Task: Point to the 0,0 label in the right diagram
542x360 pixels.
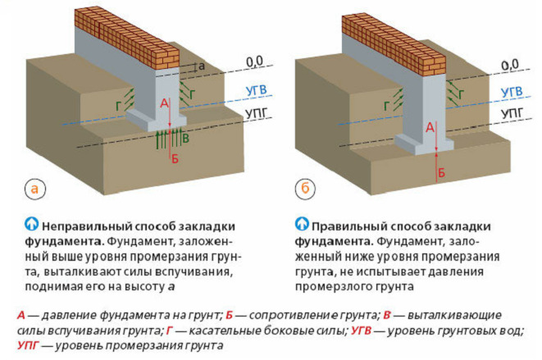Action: pyautogui.click(x=509, y=63)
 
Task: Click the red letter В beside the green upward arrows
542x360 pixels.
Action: pyautogui.click(x=186, y=139)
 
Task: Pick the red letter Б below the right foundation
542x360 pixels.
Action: pyautogui.click(x=442, y=172)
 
